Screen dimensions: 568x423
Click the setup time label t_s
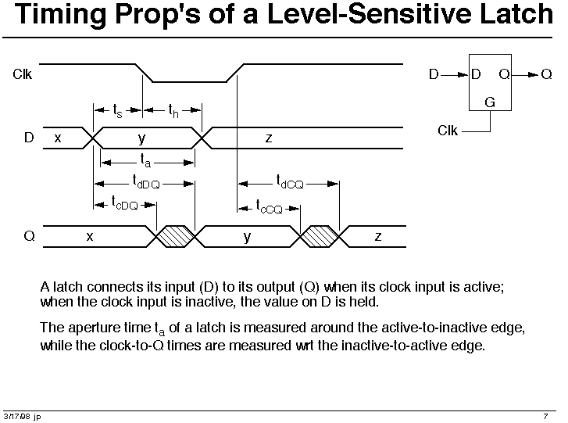pos(117,111)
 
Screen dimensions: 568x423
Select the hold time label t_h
pos(173,111)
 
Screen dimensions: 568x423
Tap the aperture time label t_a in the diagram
pos(145,160)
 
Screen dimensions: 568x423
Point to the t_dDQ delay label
pos(146,181)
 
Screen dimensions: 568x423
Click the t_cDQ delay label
pos(124,203)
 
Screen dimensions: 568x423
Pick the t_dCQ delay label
pos(290,181)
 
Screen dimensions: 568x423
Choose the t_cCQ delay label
pos(269,206)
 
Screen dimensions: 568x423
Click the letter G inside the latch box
pos(490,102)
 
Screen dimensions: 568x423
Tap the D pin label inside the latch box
pos(476,74)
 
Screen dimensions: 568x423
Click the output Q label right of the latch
pos(546,74)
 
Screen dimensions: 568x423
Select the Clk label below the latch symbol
pos(448,131)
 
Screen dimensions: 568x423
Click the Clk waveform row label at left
pos(22,74)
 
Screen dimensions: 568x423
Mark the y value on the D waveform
pos(141,138)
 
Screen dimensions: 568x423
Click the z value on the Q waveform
pos(378,237)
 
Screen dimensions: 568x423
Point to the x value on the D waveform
pos(58,138)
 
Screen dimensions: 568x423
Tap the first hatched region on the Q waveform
pos(176,236)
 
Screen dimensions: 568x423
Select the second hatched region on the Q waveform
pos(320,236)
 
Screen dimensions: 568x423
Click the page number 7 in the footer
pos(545,417)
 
